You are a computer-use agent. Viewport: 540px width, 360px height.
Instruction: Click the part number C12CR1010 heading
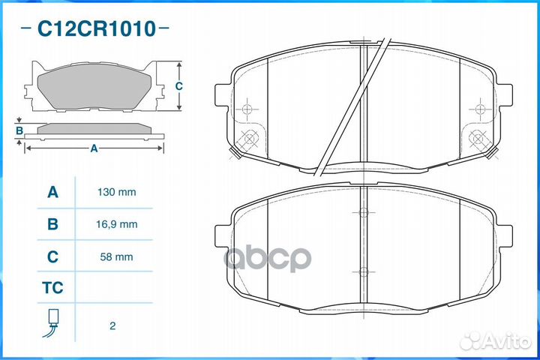97,28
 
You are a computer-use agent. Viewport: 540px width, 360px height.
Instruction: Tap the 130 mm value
116,192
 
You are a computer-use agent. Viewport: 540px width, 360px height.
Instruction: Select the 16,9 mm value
116,224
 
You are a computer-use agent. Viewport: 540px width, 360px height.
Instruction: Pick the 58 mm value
116,256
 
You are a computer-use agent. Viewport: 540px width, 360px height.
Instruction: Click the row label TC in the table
52,288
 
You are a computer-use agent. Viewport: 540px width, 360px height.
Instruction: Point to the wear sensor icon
51,322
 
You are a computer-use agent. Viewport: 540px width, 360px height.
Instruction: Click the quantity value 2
112,326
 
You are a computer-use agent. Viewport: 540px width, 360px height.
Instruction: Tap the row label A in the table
52,192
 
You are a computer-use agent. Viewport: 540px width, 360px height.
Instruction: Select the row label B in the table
52,224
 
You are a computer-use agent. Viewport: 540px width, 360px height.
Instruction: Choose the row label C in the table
52,256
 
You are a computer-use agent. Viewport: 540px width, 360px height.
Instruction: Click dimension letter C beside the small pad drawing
178,86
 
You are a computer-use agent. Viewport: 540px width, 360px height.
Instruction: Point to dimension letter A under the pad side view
94,148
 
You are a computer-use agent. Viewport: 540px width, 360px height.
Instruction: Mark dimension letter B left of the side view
19,131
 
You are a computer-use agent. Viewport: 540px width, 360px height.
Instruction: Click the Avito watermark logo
495,341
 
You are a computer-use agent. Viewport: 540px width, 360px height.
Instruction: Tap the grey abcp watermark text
268,258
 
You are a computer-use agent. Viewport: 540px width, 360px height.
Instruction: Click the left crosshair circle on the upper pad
247,109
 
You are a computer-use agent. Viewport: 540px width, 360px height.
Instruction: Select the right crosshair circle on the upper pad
480,109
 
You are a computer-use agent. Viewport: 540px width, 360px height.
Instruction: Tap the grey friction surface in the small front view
94,85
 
